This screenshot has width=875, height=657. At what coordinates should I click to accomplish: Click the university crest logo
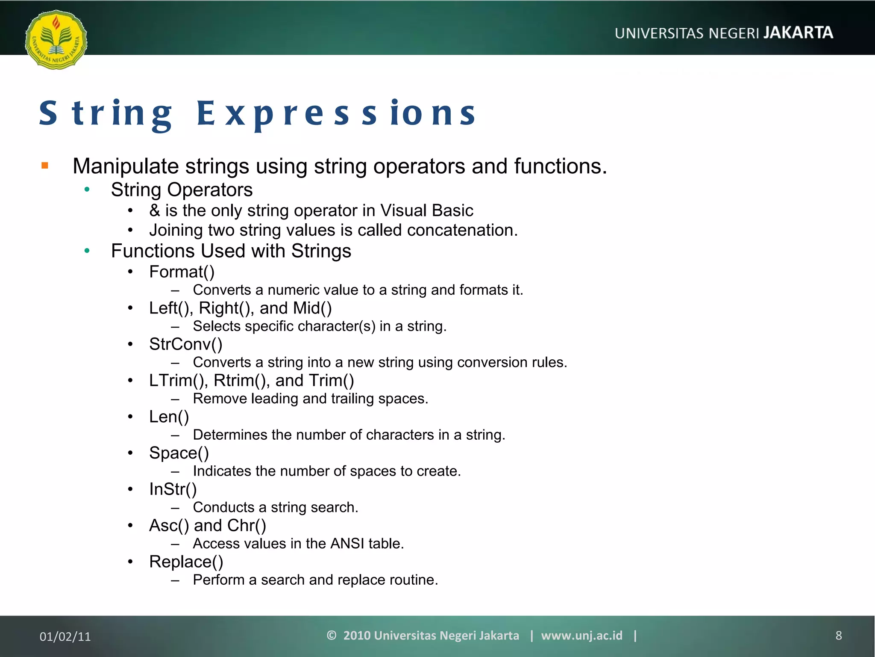(56, 40)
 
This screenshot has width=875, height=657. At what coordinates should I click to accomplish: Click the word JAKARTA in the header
(798, 33)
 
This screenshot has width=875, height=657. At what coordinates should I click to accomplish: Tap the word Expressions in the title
(336, 114)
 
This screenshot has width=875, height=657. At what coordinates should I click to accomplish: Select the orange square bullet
(45, 166)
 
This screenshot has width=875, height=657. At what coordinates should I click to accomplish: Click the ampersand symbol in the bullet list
(154, 210)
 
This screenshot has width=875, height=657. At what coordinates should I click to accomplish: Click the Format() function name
(182, 272)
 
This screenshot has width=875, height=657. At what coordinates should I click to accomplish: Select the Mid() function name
(312, 308)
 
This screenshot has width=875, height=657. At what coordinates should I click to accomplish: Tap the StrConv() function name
(185, 344)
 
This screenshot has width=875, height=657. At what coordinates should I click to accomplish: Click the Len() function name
(169, 417)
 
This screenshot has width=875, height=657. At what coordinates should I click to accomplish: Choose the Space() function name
(179, 453)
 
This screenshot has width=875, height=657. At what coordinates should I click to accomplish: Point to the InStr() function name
(173, 489)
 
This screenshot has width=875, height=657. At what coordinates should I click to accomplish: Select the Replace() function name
(186, 562)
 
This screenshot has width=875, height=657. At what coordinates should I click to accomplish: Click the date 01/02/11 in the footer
(65, 636)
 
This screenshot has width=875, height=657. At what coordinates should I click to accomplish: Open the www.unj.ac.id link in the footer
(581, 636)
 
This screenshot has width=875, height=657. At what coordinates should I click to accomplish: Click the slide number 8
(838, 636)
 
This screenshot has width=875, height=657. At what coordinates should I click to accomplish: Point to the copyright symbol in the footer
(332, 635)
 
